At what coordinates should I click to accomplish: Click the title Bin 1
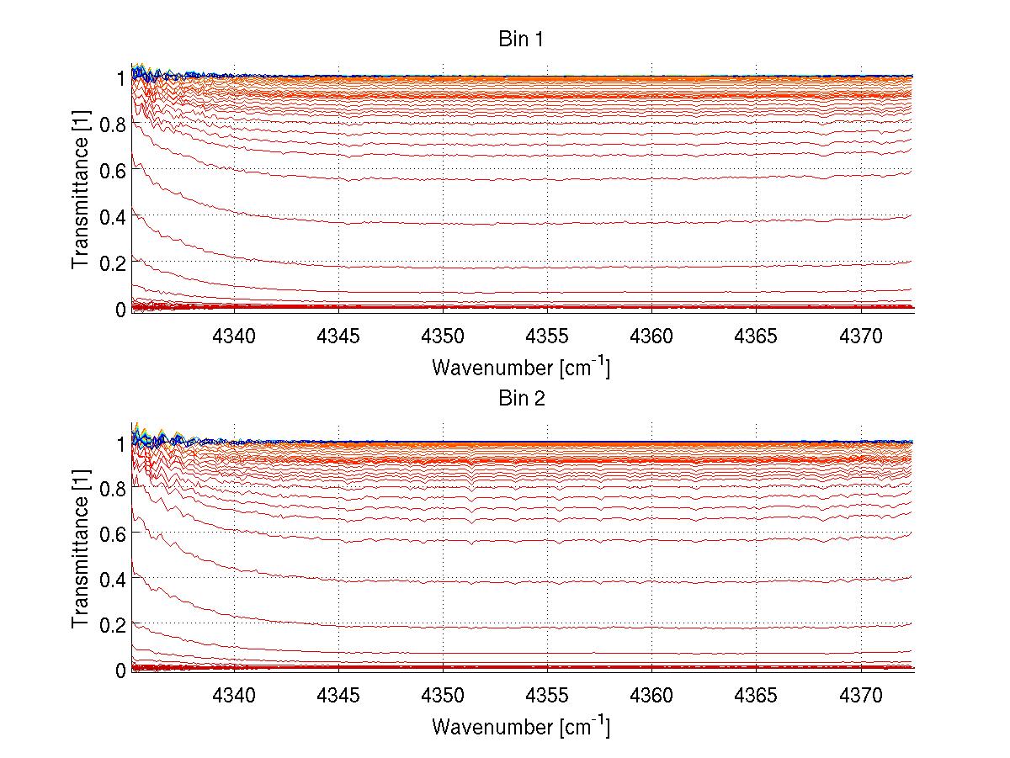521,40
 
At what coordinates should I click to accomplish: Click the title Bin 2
521,399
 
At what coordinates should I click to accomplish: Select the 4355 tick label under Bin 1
547,337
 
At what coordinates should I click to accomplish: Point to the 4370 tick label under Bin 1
860,337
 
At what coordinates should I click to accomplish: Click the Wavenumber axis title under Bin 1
520,367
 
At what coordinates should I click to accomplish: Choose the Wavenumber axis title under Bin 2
520,726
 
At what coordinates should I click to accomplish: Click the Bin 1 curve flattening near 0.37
547,223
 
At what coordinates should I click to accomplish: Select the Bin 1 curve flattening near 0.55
547,180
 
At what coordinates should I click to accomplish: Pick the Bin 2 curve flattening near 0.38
547,582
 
